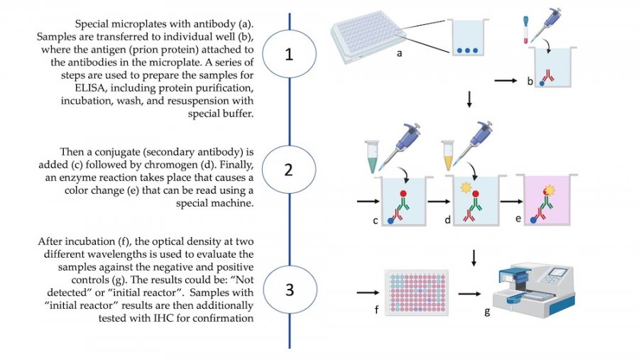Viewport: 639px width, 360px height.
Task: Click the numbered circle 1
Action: (x=288, y=55)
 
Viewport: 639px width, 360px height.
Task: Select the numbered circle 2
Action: (x=288, y=170)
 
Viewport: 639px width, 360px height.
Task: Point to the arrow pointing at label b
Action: (x=505, y=81)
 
